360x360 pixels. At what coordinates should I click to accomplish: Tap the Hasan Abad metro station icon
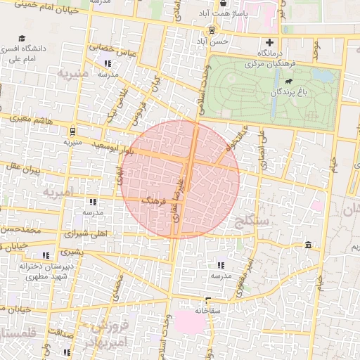tap(210, 30)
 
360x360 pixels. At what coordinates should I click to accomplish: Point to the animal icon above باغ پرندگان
tap(289, 82)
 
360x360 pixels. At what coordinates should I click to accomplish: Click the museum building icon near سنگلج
tap(309, 245)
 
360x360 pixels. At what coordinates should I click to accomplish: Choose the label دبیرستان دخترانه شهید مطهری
tap(47, 271)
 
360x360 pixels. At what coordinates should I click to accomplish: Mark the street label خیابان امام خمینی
tap(28, 6)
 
